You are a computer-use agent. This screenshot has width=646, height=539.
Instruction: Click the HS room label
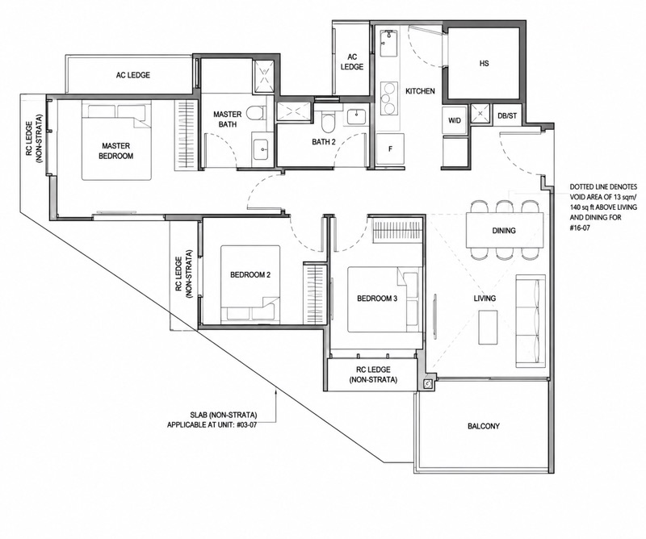[x=484, y=64]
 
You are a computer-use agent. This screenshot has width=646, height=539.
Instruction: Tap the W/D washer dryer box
[x=455, y=120]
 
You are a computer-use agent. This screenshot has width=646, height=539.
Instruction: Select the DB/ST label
[x=507, y=115]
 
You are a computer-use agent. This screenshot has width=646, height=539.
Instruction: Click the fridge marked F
[x=390, y=149]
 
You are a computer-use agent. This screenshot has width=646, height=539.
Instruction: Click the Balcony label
[x=483, y=426]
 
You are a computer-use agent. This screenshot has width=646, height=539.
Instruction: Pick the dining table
[x=504, y=230]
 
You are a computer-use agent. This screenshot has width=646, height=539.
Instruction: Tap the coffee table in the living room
[x=489, y=327]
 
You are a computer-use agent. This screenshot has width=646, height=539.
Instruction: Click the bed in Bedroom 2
[x=250, y=284]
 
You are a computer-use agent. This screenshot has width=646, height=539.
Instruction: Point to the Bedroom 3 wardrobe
[x=398, y=230]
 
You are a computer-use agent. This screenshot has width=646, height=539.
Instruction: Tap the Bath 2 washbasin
[x=355, y=116]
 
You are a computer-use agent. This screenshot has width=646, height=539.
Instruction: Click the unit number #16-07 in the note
[x=580, y=227]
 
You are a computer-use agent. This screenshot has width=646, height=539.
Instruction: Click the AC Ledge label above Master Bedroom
[x=132, y=75]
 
